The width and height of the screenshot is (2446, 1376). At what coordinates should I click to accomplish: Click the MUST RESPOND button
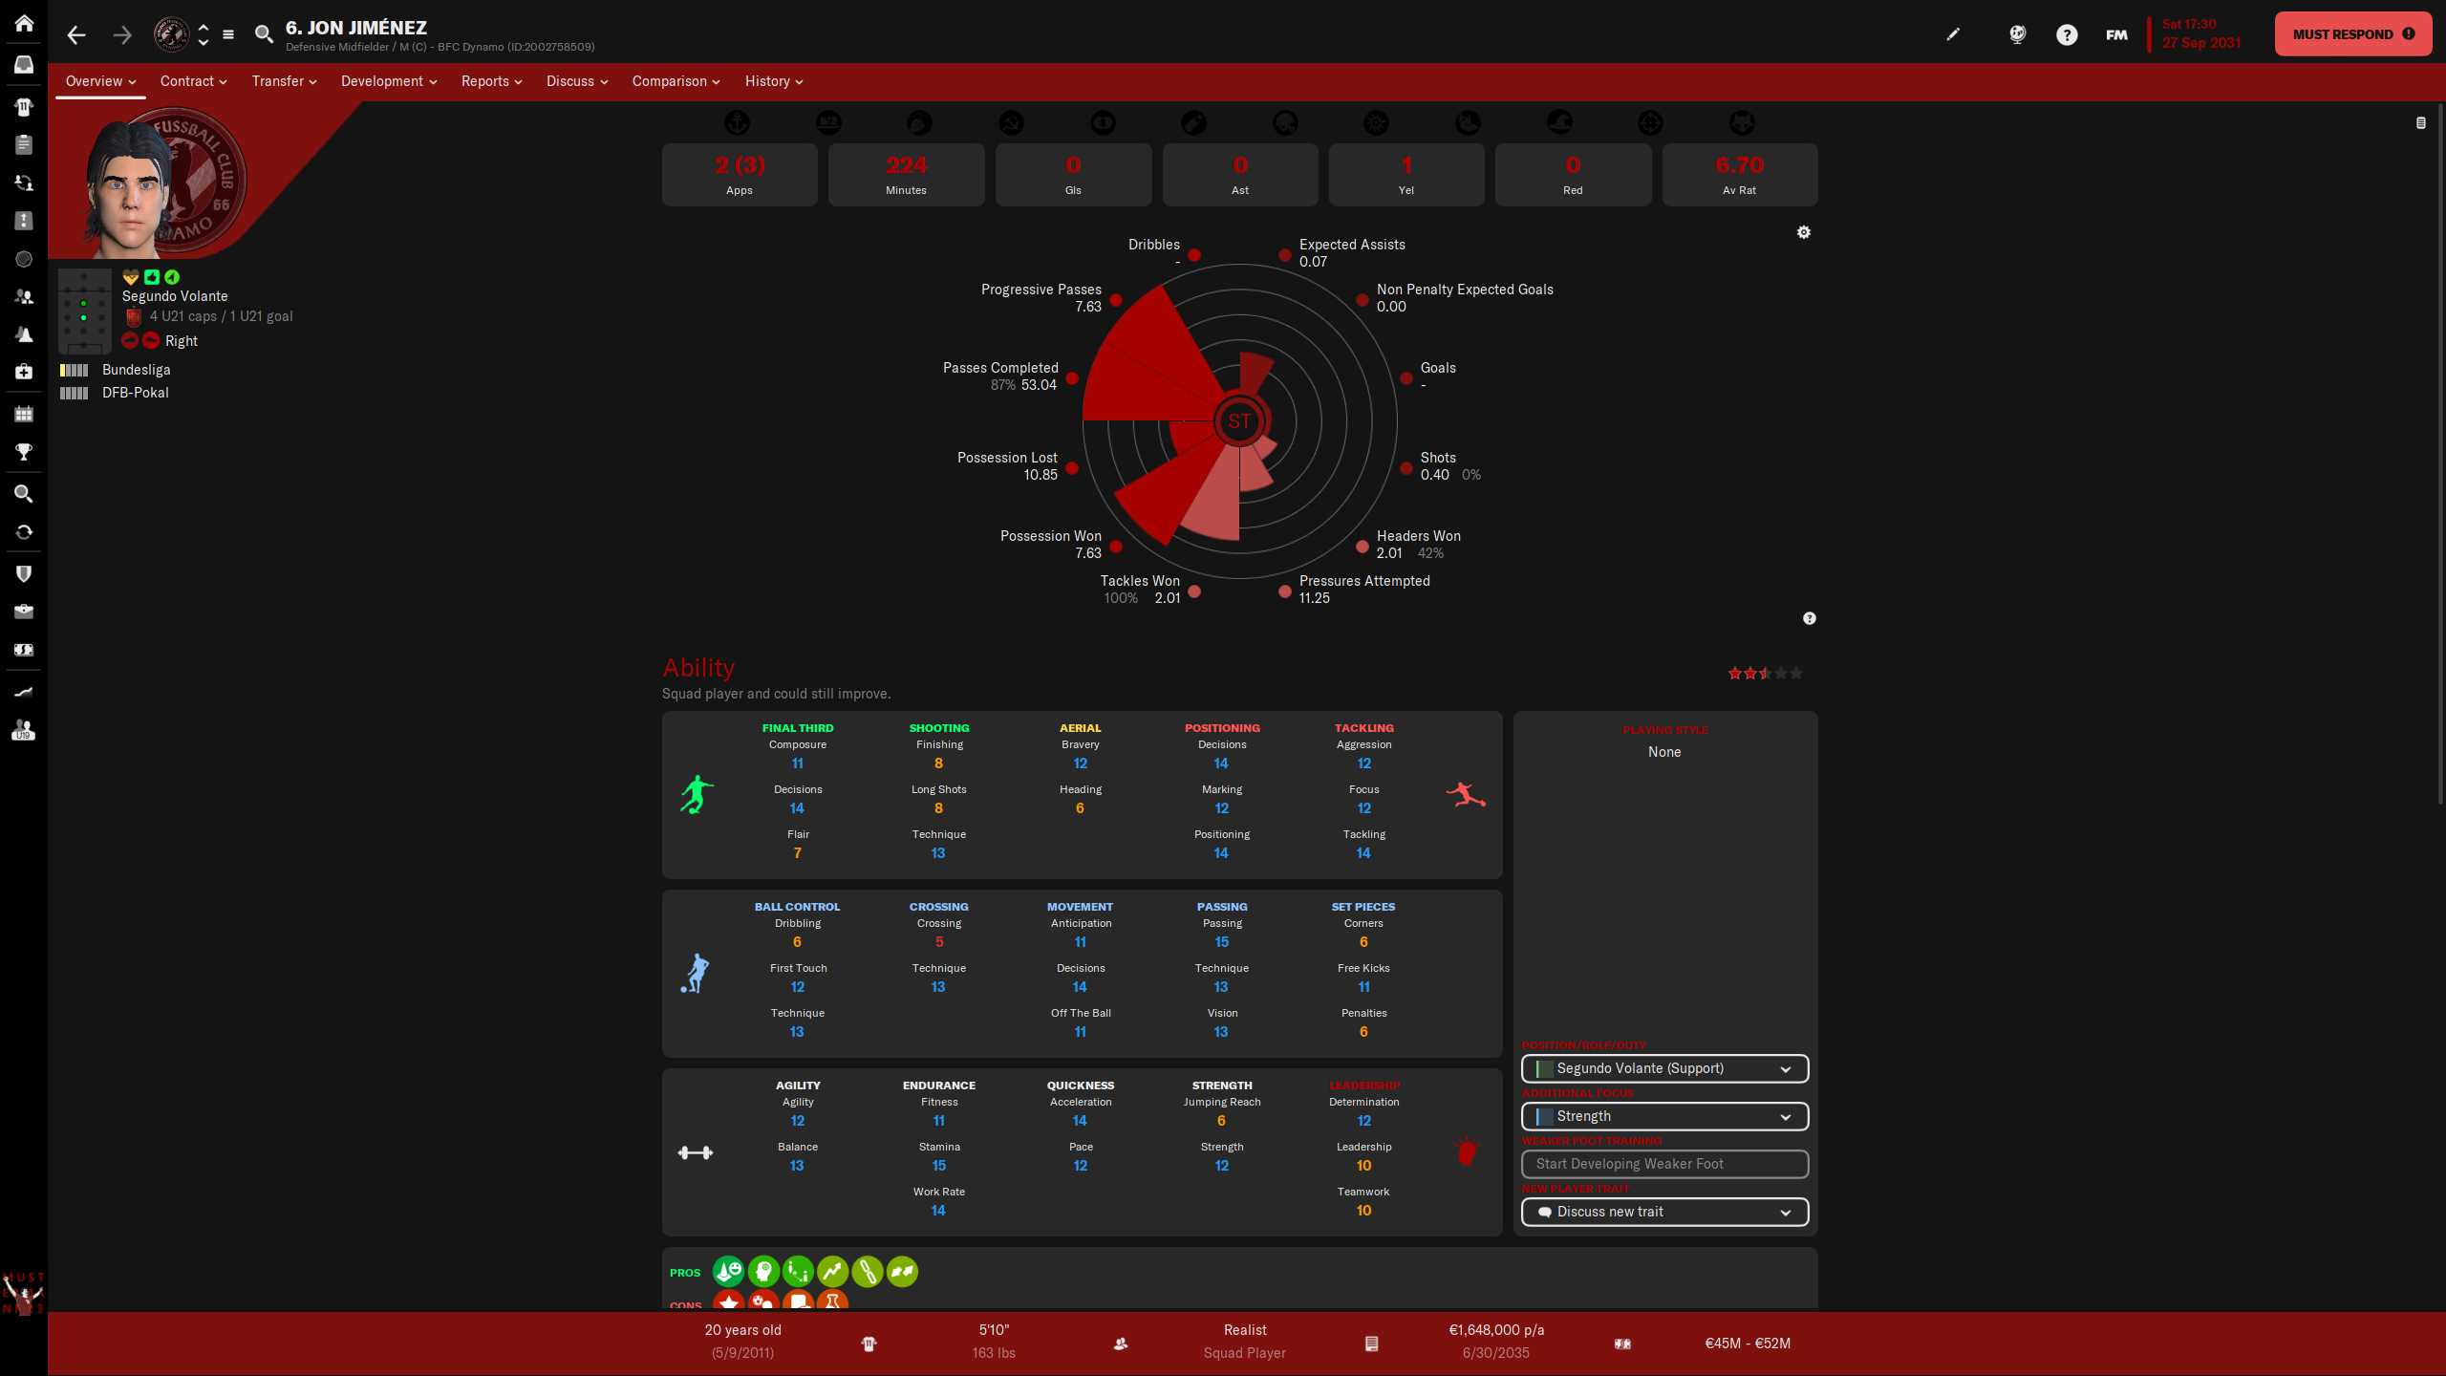(2351, 34)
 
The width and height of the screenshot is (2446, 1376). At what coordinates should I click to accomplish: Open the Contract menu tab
(193, 81)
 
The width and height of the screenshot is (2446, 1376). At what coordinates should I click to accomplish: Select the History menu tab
(773, 81)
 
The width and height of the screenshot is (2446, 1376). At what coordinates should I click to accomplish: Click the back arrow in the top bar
(76, 35)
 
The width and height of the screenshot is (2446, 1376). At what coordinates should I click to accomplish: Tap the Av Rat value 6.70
(1739, 165)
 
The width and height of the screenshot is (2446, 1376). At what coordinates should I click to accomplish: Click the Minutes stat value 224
(906, 165)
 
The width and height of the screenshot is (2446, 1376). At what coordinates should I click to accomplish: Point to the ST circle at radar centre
(1239, 421)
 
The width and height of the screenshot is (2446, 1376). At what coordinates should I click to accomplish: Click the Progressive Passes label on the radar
(1041, 290)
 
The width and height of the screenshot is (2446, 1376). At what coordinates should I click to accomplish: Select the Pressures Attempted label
(1363, 581)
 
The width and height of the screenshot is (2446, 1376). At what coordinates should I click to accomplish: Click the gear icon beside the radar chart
(1803, 232)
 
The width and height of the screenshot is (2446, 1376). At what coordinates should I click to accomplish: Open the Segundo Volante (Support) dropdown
(1663, 1068)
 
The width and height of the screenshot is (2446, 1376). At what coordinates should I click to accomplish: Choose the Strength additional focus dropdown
(1663, 1116)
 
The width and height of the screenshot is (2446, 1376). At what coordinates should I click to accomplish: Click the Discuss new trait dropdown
(1663, 1212)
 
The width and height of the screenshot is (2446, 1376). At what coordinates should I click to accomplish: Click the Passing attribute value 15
(1221, 942)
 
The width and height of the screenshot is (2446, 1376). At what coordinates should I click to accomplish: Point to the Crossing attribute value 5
(938, 942)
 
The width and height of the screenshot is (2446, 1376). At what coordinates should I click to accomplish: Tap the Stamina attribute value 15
(938, 1166)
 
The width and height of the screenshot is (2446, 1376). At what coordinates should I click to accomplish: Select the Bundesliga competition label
(136, 370)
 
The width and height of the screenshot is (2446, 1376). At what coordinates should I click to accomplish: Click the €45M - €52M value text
(1747, 1343)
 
